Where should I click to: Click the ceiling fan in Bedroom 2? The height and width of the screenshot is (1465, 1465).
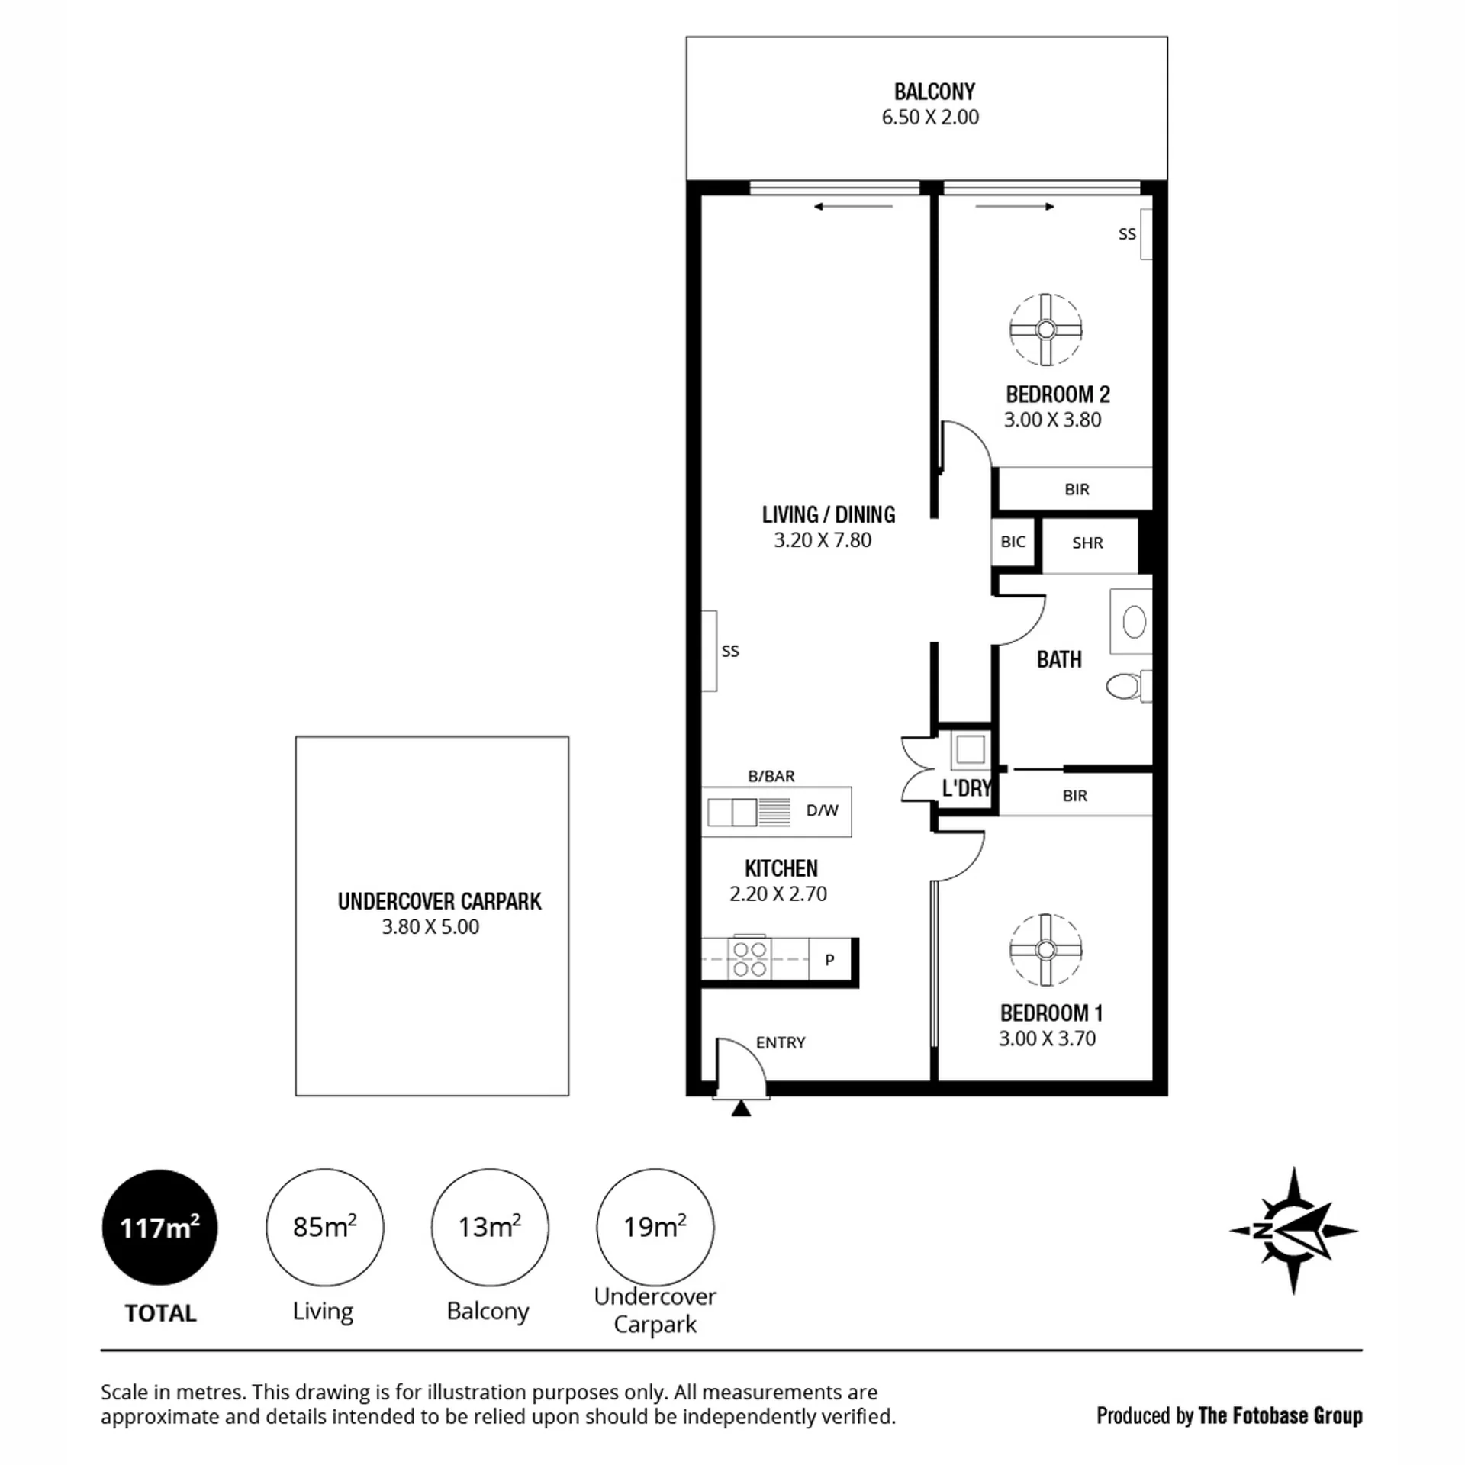coord(1045,330)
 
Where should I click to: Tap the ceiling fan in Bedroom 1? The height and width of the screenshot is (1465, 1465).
coord(1045,950)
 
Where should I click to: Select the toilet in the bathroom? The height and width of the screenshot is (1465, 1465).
coord(1127,686)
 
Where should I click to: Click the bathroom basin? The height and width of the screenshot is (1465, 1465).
coord(1135,622)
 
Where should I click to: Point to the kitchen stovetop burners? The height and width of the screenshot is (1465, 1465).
coord(749,959)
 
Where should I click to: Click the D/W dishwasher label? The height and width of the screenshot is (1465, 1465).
coord(822,810)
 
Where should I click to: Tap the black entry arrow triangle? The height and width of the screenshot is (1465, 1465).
coord(741,1108)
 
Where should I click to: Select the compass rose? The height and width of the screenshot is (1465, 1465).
coord(1293,1230)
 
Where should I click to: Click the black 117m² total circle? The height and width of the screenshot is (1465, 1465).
coord(159,1228)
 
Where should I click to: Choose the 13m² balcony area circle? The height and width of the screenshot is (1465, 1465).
coord(490,1228)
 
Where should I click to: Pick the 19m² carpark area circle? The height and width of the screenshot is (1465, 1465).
coord(655,1228)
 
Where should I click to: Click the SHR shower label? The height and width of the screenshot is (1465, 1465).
coord(1087,543)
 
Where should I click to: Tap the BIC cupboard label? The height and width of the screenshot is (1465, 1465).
coord(1013,542)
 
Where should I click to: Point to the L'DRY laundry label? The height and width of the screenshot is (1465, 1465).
coord(966,787)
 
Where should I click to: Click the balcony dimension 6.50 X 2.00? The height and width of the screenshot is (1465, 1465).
coord(930,117)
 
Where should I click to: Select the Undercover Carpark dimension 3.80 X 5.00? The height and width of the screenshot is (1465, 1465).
coord(430,927)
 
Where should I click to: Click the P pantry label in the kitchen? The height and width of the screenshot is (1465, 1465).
coord(829,960)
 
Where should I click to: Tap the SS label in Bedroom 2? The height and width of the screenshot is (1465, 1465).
coord(1127,234)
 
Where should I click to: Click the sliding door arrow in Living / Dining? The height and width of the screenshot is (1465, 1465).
coord(853,207)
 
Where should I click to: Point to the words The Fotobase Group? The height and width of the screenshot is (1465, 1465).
coord(1280,1415)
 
